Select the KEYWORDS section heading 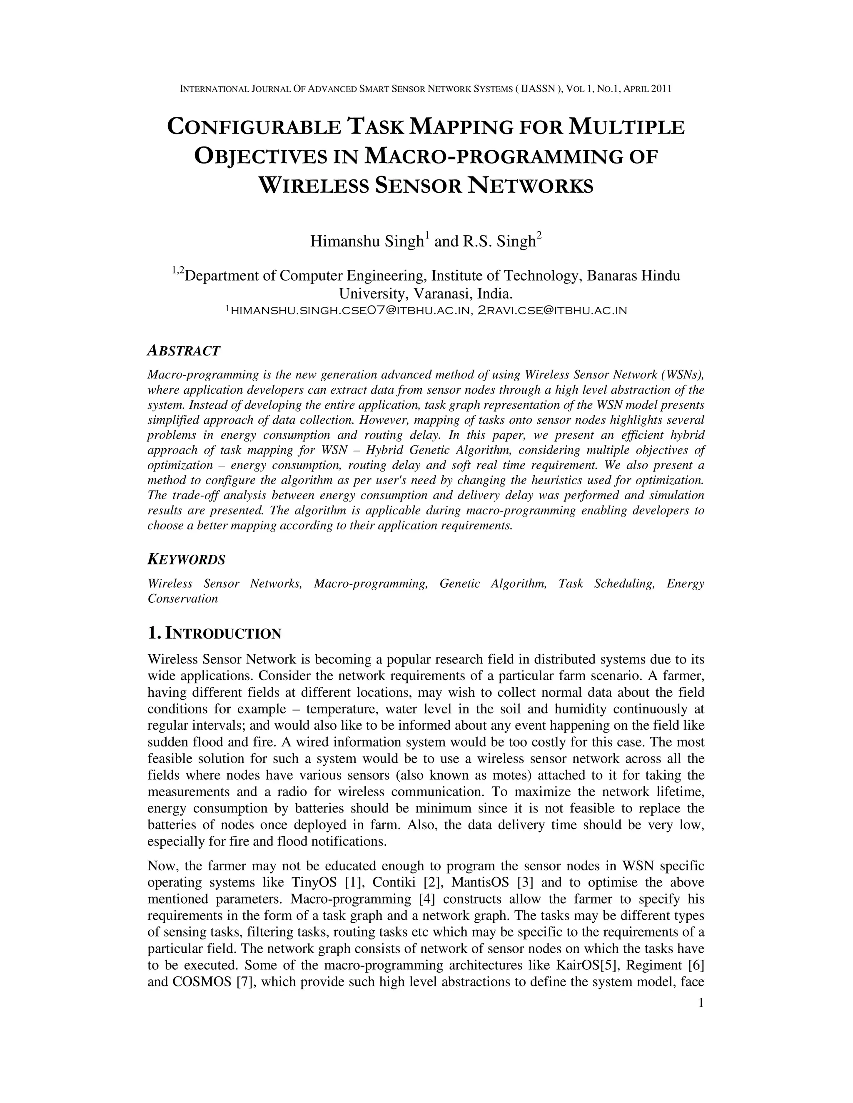click(x=186, y=559)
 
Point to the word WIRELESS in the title click(x=313, y=186)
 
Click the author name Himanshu click(x=345, y=241)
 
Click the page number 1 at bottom click(x=701, y=1003)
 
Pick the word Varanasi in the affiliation click(x=442, y=293)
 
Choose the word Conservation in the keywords click(x=182, y=599)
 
